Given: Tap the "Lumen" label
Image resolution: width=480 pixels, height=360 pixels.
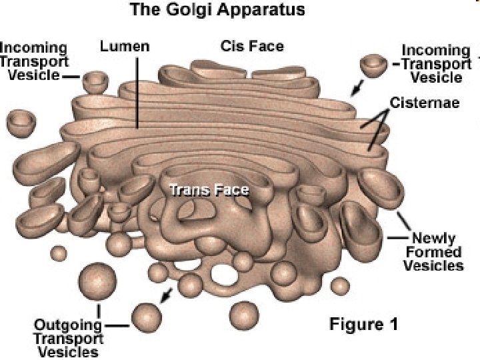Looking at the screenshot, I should (125, 47).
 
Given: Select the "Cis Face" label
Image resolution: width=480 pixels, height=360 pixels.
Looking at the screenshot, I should (252, 46).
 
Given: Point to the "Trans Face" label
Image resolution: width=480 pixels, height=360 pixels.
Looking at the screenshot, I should (209, 191).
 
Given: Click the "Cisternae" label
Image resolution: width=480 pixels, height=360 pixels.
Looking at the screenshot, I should (423, 103).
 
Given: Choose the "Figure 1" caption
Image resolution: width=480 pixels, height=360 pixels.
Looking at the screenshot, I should (364, 325).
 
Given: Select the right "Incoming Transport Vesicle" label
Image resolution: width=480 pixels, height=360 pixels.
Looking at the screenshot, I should (436, 63).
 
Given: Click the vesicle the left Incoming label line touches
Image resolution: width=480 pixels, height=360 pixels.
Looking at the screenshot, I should (95, 81).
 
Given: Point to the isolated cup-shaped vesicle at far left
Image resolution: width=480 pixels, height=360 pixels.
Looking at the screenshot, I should (22, 121).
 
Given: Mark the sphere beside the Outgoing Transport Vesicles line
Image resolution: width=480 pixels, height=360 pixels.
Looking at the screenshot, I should (147, 317).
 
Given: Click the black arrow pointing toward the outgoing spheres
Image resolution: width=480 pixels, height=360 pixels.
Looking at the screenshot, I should (169, 293).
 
